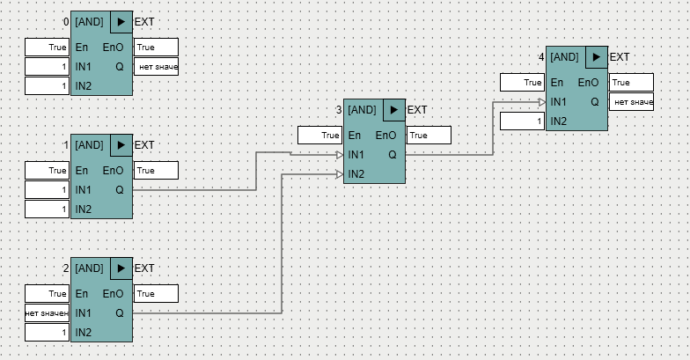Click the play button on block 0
point(122,21)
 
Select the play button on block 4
point(598,56)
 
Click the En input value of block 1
point(47,171)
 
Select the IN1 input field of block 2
point(47,313)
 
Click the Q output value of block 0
point(157,67)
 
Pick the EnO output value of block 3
point(429,136)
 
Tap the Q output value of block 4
point(632,102)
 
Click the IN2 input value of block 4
point(522,121)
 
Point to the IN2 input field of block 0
point(47,86)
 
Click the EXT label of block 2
point(144,268)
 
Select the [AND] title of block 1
point(90,144)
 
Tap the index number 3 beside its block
point(339,110)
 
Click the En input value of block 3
point(319,136)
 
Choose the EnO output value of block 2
point(157,294)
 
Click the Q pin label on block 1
point(119,190)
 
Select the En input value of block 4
point(522,83)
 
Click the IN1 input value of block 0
point(47,67)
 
